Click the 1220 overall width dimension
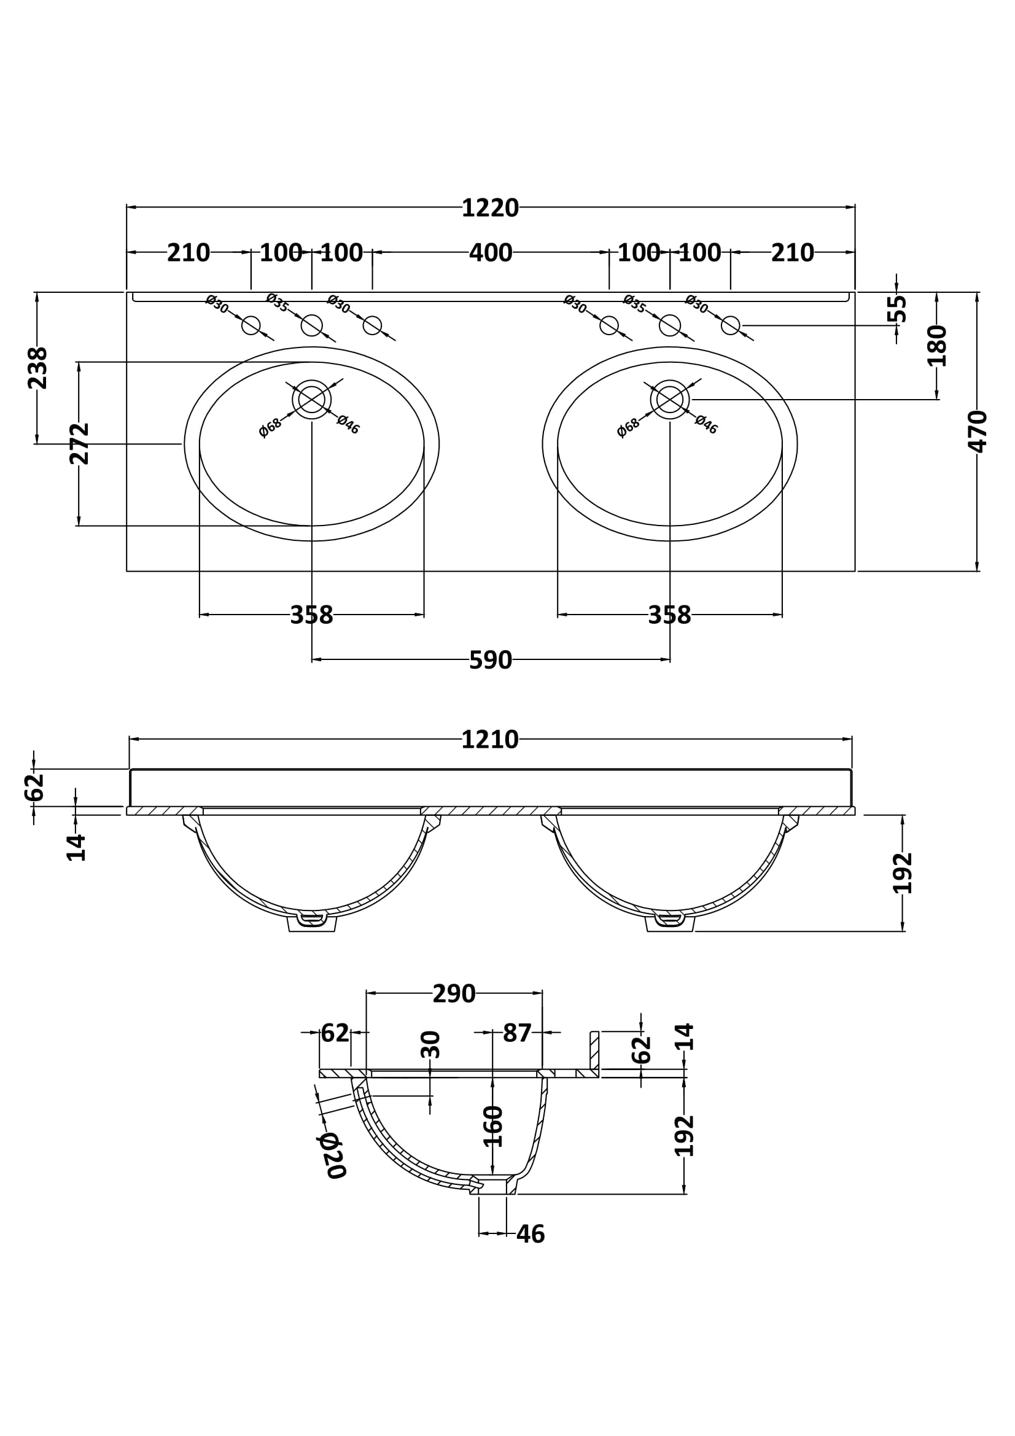coord(489,208)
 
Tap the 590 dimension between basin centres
coord(490,661)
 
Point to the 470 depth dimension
coord(977,432)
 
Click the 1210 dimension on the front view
coord(489,740)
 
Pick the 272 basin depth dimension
coord(79,443)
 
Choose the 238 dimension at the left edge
coord(37,368)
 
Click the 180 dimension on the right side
coord(937,345)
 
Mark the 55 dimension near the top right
coord(897,308)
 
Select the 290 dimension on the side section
coord(454,994)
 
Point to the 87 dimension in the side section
coord(516,1033)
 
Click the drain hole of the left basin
coord(311,399)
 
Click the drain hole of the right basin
coord(670,399)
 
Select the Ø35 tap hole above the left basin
coord(311,325)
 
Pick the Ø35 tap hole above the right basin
coord(670,325)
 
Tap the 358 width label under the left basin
coord(311,615)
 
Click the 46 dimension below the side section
coord(531,1234)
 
